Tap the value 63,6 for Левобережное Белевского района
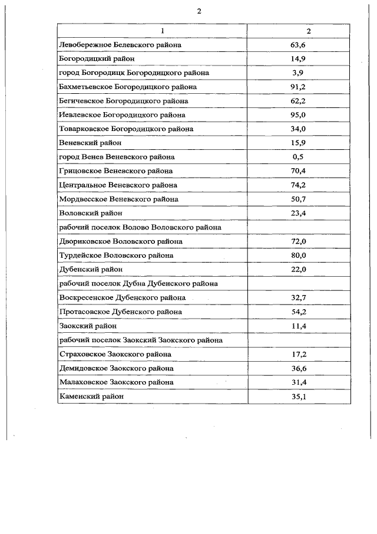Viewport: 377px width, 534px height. (x=300, y=45)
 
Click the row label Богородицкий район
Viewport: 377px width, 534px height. (x=97, y=58)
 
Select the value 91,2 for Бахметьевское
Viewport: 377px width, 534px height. (x=300, y=87)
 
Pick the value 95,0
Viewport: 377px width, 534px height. (x=300, y=114)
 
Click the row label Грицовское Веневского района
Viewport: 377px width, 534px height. (x=117, y=171)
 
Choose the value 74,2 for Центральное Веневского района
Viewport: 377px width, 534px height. (x=300, y=185)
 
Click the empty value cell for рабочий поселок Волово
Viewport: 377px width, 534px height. (x=300, y=227)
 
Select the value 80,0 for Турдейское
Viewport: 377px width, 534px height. (x=300, y=255)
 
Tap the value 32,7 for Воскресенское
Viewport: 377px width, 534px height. (x=300, y=297)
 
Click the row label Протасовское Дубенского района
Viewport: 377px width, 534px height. (x=121, y=312)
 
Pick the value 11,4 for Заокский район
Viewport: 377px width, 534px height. (x=300, y=326)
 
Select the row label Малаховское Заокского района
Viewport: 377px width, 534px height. (x=117, y=382)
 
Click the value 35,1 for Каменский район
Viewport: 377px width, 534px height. (x=300, y=397)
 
